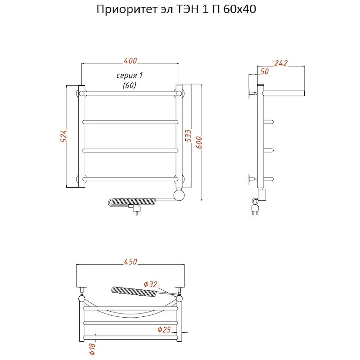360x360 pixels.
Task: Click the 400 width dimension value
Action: tap(130, 61)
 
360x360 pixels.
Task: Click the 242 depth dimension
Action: tap(281, 63)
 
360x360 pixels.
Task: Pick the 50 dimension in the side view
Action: tap(264, 71)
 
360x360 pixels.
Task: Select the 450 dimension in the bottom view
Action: tap(130, 262)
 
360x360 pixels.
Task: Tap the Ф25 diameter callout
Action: tap(164, 330)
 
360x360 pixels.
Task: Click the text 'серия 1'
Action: tap(129, 76)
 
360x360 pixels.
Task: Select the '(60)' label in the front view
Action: tap(129, 85)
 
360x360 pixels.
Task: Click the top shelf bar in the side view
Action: tap(284, 93)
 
